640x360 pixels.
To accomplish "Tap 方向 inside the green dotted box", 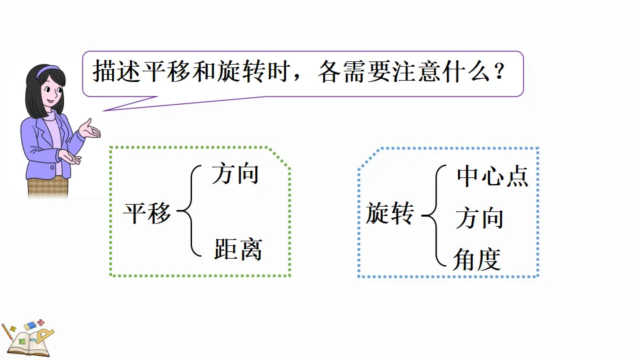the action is coord(235,175).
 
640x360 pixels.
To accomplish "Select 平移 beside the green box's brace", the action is coord(147,213).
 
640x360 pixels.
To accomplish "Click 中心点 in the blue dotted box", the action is coord(492,176).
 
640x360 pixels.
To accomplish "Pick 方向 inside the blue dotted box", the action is coord(479,218).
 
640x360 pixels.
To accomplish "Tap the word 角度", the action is coord(477,259).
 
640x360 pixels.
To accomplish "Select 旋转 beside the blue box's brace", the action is coord(390,213).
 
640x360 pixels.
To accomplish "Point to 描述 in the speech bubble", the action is coord(117,71).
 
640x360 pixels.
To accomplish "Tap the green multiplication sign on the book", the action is coord(22,341).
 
